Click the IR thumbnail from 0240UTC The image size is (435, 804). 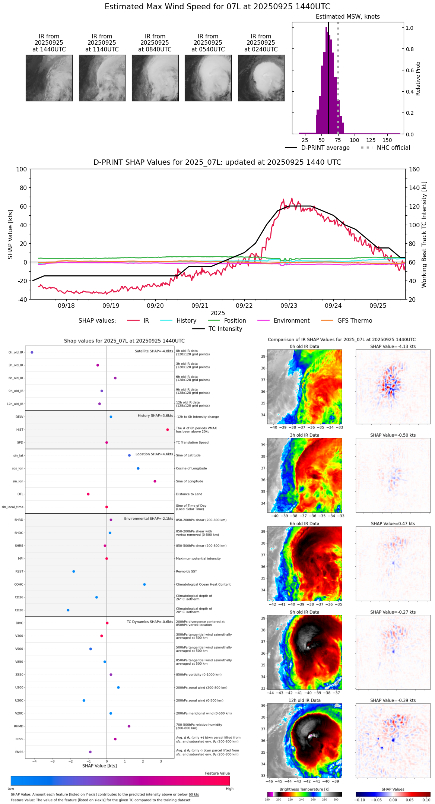click(x=261, y=78)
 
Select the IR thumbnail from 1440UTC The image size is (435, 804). click(x=49, y=78)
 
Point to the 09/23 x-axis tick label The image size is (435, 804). click(x=289, y=306)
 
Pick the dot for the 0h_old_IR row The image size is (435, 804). click(x=32, y=352)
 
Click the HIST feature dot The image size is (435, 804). click(x=168, y=430)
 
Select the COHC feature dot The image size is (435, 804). click(x=145, y=584)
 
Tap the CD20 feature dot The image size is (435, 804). click(x=68, y=610)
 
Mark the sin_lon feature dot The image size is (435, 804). click(x=155, y=481)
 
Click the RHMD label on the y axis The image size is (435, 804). click(x=19, y=726)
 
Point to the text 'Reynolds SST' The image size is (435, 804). click(x=186, y=571)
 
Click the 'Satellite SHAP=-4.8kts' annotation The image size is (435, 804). click(x=154, y=351)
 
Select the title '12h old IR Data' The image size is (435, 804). click(x=304, y=700)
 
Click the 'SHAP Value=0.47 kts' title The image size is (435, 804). click(x=393, y=523)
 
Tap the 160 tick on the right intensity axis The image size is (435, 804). click(x=414, y=169)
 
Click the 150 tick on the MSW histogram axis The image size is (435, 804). click(x=387, y=140)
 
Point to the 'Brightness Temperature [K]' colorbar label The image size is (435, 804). click(x=304, y=789)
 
